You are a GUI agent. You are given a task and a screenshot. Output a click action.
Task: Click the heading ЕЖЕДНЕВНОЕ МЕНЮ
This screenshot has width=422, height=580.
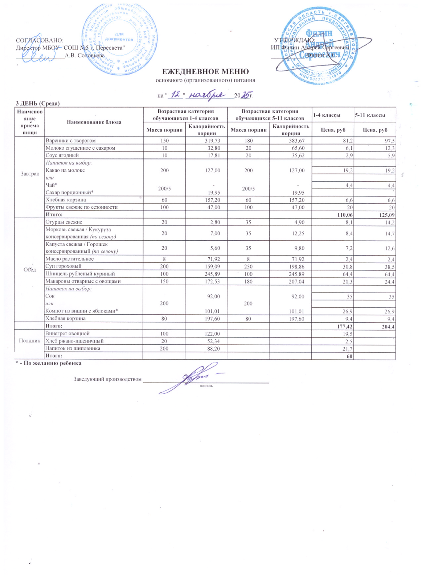pyautogui.click(x=205, y=71)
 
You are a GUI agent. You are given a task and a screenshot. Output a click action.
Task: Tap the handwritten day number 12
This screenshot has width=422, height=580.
pyautogui.click(x=176, y=95)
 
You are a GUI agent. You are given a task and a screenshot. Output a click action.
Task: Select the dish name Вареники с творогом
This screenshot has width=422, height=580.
pyautogui.click(x=70, y=141)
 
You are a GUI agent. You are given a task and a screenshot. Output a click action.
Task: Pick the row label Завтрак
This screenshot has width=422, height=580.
pyautogui.click(x=30, y=174)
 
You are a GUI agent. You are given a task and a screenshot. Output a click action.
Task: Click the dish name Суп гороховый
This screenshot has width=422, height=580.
pyautogui.click(x=63, y=266)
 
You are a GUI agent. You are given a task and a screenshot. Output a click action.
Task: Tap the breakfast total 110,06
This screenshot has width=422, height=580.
pyautogui.click(x=345, y=215)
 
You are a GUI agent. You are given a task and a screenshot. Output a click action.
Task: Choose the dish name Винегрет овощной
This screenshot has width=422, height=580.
pyautogui.click(x=67, y=333)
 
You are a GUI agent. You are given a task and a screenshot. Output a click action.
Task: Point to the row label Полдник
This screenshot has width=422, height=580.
pyautogui.click(x=29, y=341)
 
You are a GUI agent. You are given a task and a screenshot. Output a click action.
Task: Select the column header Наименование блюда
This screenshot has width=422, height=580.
pyautogui.click(x=94, y=122)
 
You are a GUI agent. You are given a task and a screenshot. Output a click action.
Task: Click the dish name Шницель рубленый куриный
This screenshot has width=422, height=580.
pyautogui.click(x=80, y=274)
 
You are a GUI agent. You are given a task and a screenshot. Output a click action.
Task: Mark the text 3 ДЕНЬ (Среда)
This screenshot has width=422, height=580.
pyautogui.click(x=37, y=104)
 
